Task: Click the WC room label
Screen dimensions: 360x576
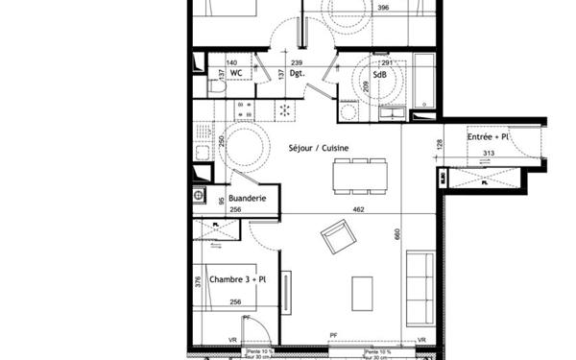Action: tap(234, 71)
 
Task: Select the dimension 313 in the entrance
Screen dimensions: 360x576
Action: tap(487, 155)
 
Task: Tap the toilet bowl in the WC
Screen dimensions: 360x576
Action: tap(217, 86)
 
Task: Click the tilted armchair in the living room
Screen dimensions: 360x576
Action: tap(338, 236)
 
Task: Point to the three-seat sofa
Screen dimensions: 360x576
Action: tap(420, 286)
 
